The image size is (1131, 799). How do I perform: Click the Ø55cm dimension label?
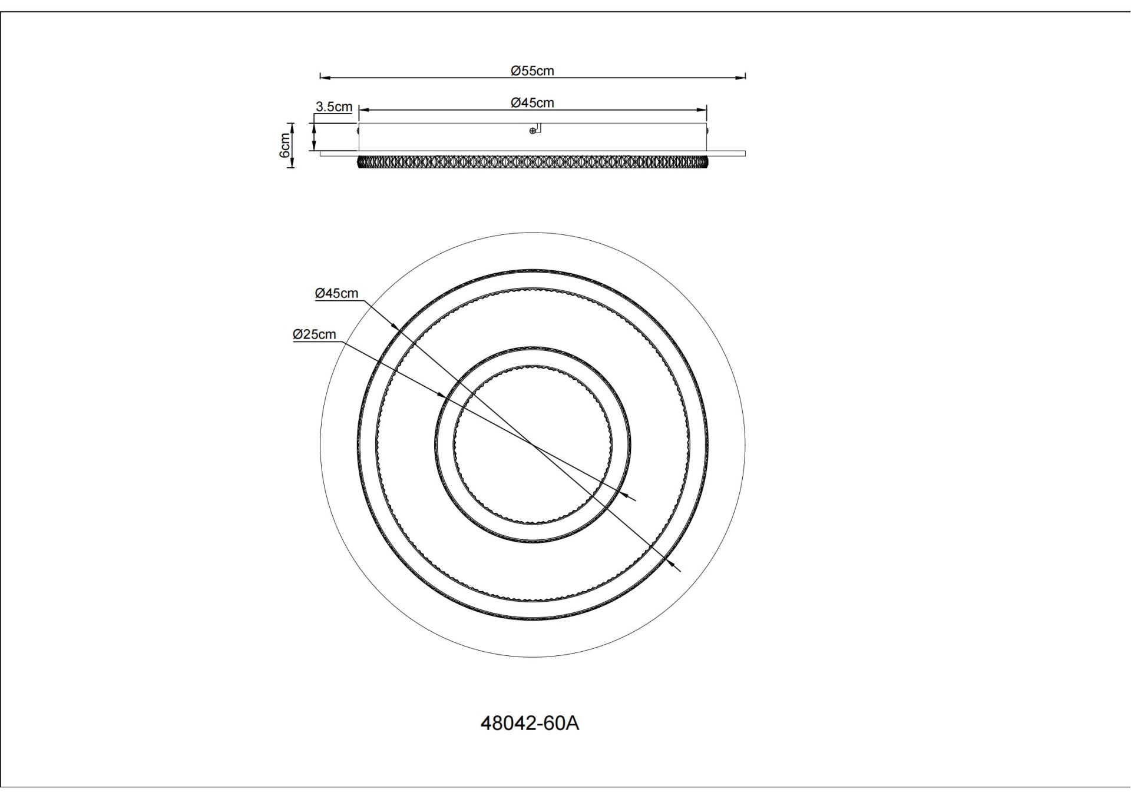pos(532,71)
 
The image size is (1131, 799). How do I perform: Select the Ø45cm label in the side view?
pos(532,103)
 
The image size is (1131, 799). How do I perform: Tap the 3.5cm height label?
pos(334,107)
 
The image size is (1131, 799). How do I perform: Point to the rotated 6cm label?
pos(285,145)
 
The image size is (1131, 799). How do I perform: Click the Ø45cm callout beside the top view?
pos(336,293)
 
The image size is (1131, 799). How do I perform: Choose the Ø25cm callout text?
pos(315,334)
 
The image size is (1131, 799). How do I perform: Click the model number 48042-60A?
pos(530,723)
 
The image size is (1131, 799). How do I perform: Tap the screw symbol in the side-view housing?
pos(533,131)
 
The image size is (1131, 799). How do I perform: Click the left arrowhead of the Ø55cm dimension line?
pos(323,77)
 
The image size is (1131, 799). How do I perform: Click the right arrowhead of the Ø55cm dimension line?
pos(742,77)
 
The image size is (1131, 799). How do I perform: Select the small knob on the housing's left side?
pos(358,131)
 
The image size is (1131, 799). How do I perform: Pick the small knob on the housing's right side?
pos(707,131)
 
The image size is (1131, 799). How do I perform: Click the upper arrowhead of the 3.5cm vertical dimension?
pos(314,126)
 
